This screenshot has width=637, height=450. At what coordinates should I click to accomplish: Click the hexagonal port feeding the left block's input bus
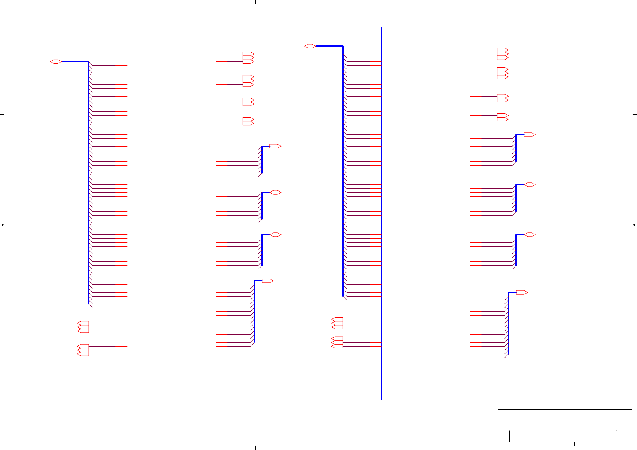pos(56,61)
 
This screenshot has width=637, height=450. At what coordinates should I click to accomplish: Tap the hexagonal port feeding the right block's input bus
pos(310,46)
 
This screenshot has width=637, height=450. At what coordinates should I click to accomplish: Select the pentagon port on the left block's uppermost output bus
pos(275,146)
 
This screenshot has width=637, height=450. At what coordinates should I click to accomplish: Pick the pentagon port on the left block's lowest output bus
pos(267,281)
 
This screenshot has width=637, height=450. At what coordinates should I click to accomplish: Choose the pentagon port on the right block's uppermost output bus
pos(529,135)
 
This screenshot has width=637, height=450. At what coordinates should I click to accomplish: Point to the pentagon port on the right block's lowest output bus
pos(522,292)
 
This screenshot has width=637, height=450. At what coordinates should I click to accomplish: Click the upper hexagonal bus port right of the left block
pos(276,192)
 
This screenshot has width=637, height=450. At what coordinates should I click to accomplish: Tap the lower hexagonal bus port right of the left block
pos(276,235)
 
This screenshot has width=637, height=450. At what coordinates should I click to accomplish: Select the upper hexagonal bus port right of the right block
pos(530,185)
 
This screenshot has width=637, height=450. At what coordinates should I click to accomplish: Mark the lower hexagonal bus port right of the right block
pos(530,235)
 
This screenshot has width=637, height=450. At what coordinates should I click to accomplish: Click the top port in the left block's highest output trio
pos(248,54)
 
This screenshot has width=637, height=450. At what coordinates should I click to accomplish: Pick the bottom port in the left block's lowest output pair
pos(248,123)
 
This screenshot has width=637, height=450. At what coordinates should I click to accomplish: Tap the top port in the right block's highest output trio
pos(502,50)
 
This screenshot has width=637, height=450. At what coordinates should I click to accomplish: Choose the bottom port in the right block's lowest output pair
pos(502,119)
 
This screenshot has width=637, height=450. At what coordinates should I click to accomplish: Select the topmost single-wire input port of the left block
pos(83,323)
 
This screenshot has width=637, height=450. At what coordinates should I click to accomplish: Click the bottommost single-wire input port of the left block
pos(83,354)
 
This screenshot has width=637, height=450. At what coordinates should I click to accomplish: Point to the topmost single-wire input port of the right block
pos(337,319)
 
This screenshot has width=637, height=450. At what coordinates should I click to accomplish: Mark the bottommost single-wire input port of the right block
pos(337,347)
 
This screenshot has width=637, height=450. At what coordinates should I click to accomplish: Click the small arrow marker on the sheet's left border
pos(2,225)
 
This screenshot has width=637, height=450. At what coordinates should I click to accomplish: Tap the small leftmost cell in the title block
pos(504,436)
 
